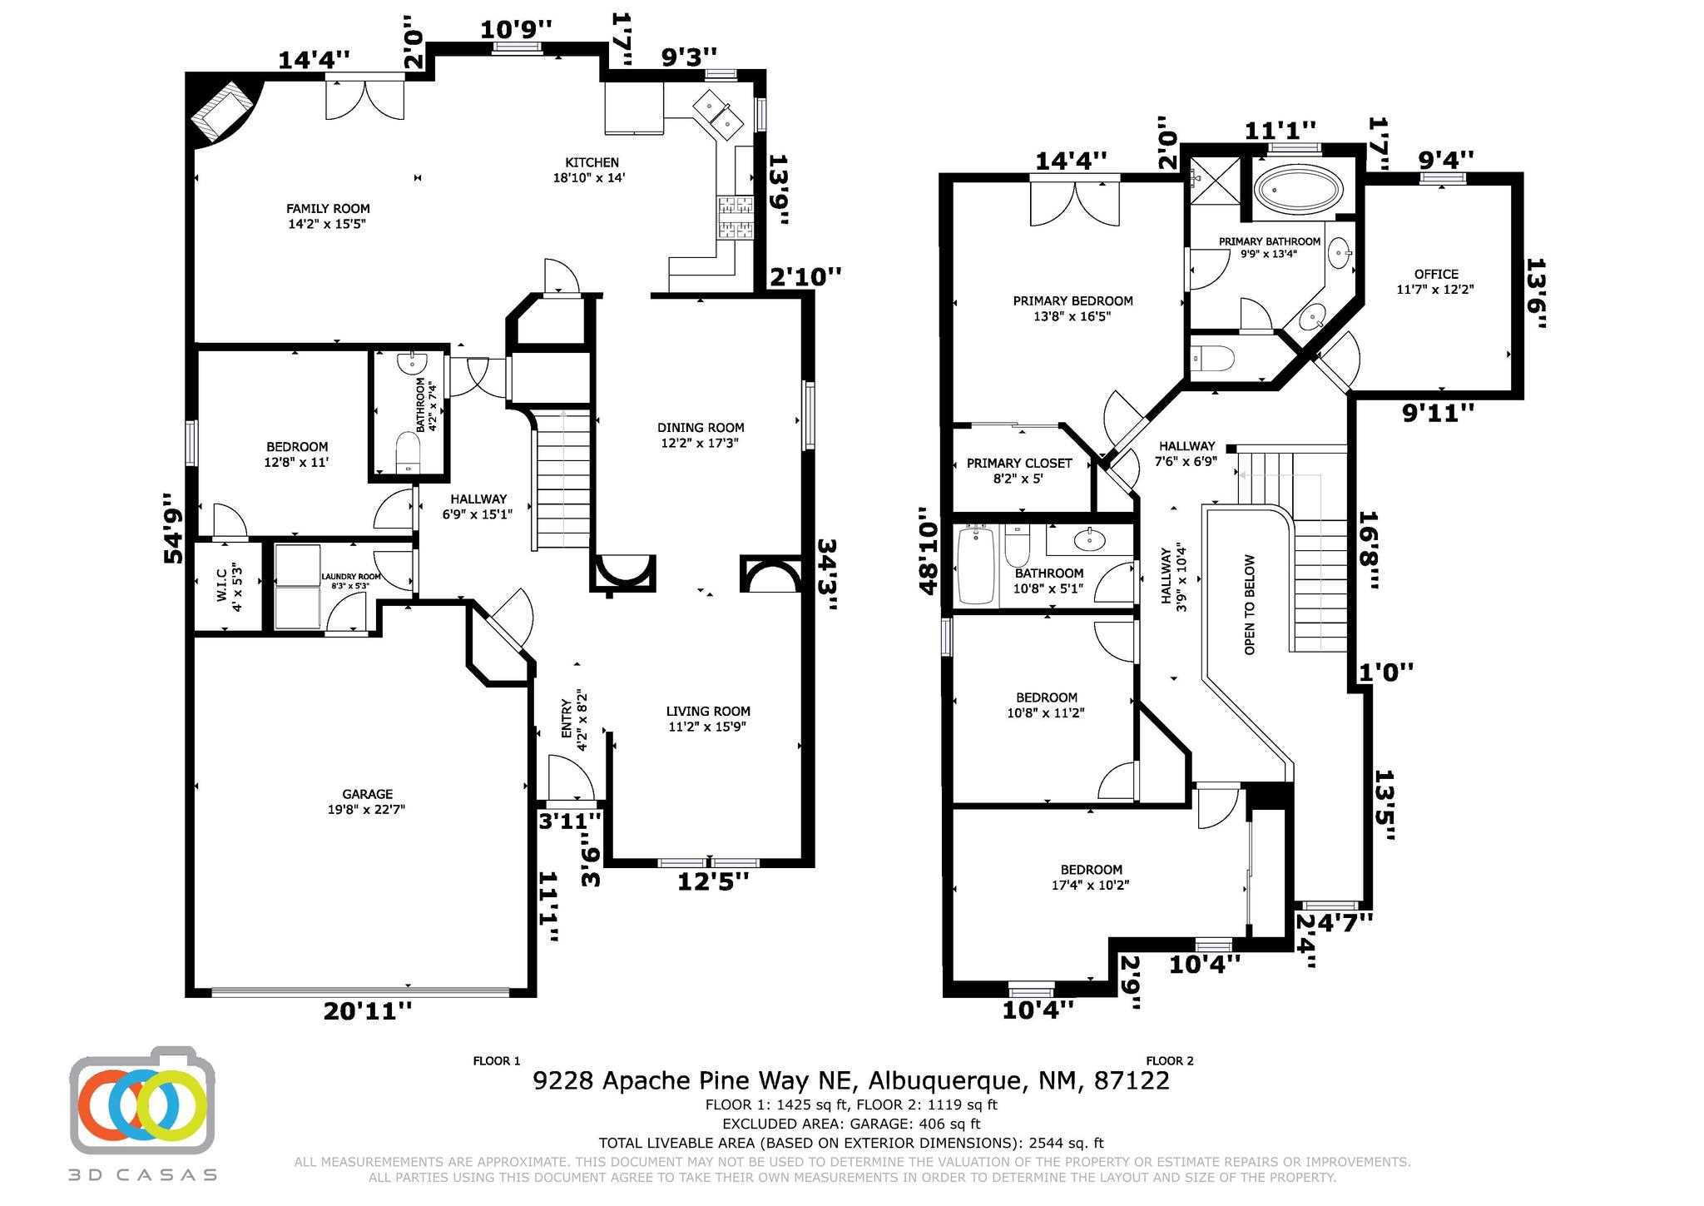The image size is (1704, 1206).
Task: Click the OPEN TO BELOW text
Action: (1250, 604)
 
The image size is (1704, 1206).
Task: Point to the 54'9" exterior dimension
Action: (174, 528)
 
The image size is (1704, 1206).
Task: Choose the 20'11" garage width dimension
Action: (368, 1011)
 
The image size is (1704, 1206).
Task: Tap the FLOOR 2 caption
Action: (1170, 1060)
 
